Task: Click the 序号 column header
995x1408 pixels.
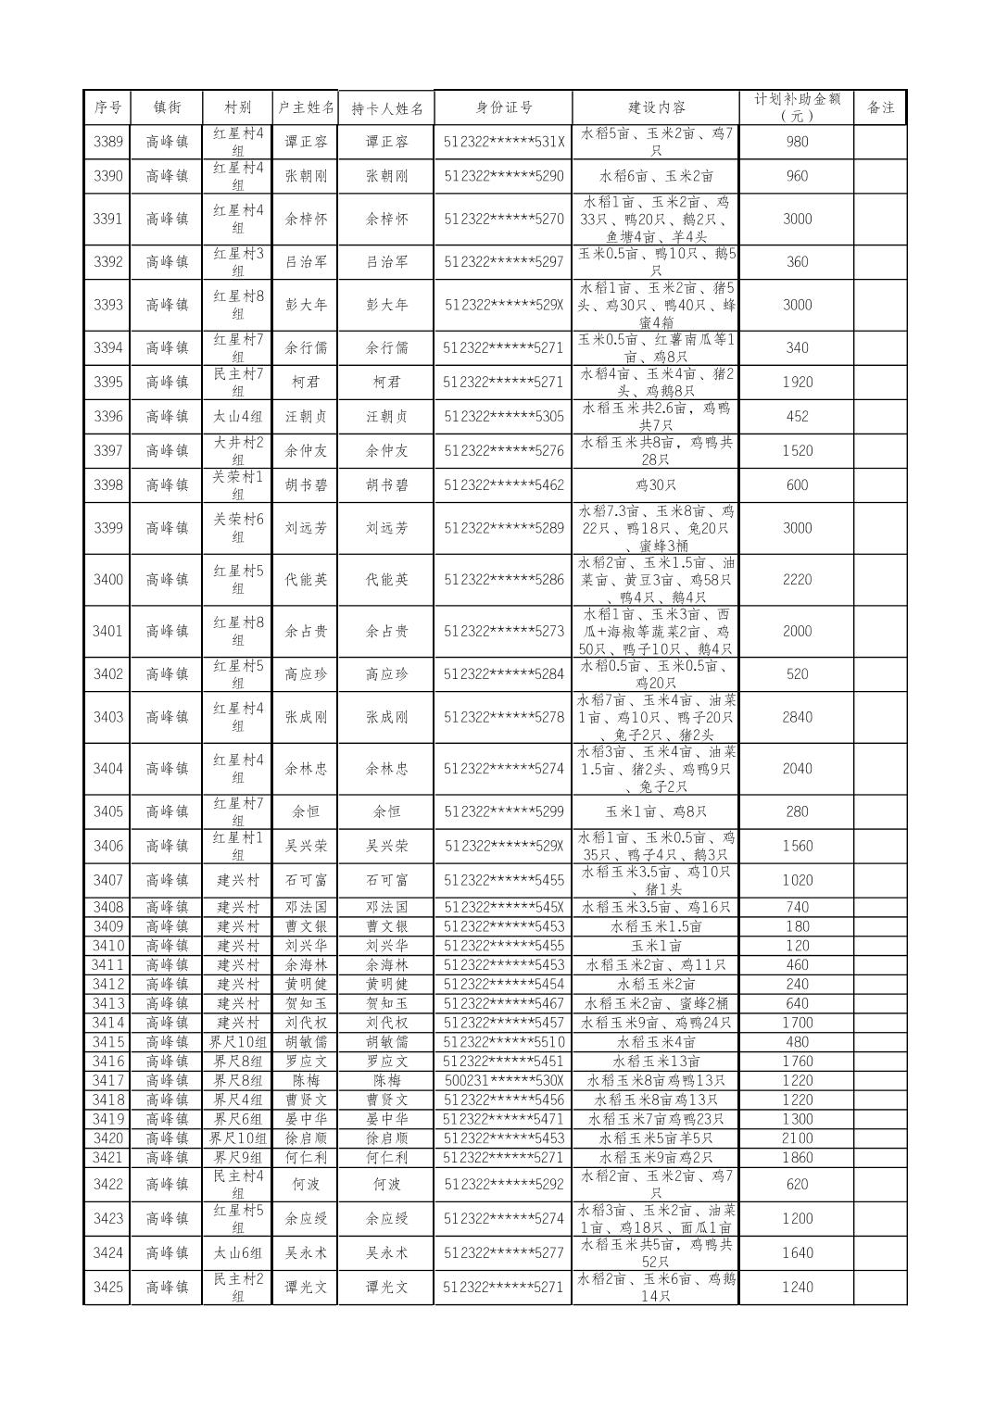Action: (x=107, y=107)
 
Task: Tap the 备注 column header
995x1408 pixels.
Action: (x=880, y=107)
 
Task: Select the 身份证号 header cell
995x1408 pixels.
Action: (x=504, y=107)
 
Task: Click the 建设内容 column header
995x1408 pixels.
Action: (x=656, y=107)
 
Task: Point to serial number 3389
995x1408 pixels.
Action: (x=107, y=142)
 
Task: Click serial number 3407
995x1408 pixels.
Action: (x=107, y=880)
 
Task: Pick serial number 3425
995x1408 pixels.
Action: (x=107, y=1287)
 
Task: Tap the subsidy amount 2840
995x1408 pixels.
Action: (x=797, y=717)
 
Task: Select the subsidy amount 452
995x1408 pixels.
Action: (x=797, y=417)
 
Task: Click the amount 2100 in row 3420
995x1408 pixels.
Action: (x=797, y=1138)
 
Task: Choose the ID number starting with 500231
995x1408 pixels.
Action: (x=504, y=1081)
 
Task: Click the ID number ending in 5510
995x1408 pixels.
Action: (x=504, y=1042)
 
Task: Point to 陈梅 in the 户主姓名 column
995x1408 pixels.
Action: (x=306, y=1081)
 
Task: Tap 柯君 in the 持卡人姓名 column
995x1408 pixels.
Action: (x=386, y=382)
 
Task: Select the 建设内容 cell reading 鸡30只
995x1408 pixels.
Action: (x=656, y=485)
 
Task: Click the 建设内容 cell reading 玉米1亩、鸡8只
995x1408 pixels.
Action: (x=656, y=811)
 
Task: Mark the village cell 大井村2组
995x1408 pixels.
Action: (x=238, y=450)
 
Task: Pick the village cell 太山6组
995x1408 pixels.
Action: (x=238, y=1252)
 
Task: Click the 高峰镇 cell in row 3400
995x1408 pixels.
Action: (x=167, y=580)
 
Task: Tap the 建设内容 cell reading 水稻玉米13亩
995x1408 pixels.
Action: (x=656, y=1062)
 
